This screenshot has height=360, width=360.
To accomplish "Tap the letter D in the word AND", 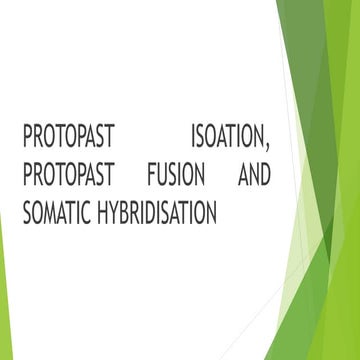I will pos(264,175).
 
